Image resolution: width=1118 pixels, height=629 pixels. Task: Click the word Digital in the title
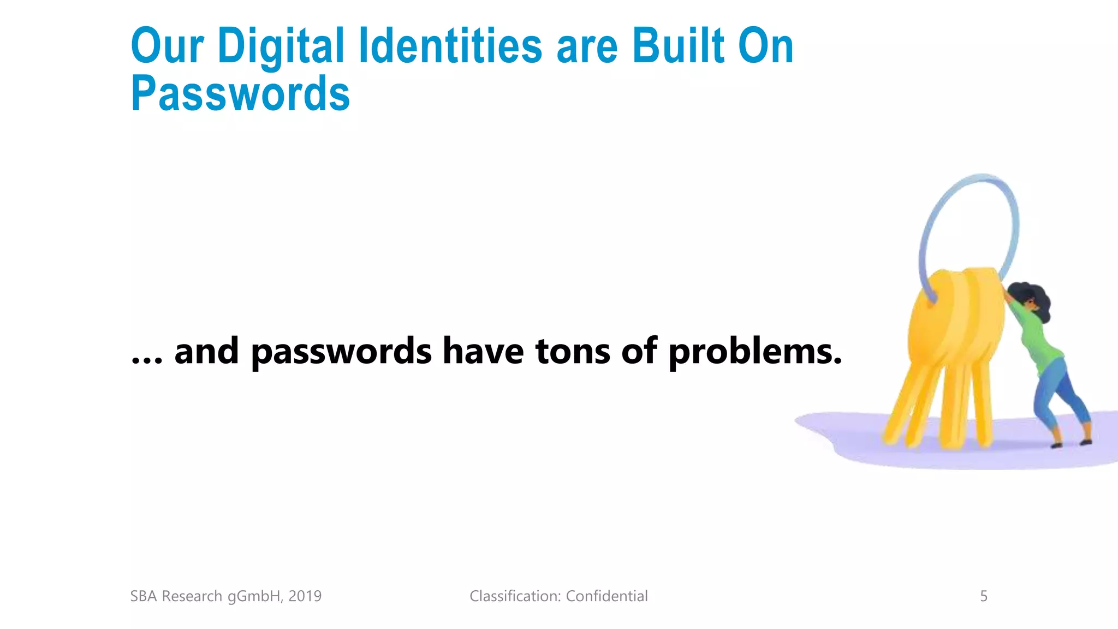tap(281, 46)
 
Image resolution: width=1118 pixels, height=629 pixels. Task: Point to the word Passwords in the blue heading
tap(240, 94)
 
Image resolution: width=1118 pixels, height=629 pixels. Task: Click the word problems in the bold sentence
tap(755, 352)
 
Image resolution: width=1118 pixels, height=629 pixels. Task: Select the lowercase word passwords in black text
tap(341, 352)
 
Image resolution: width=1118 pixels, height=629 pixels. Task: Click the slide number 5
tap(984, 596)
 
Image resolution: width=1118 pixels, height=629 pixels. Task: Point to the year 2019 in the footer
tap(305, 596)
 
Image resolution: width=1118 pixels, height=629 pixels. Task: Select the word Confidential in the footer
tap(606, 596)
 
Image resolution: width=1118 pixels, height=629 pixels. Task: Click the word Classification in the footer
tap(515, 596)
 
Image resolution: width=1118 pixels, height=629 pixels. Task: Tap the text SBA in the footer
tap(144, 596)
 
